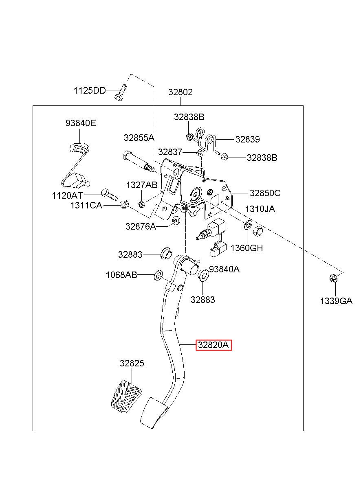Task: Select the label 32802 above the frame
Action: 180,92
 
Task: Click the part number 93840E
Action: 81,123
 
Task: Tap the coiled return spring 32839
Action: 207,141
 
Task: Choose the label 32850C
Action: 265,193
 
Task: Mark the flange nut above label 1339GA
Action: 332,278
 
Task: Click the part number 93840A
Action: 224,269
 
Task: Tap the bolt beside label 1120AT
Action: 110,195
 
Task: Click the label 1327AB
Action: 142,185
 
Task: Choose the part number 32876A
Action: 141,226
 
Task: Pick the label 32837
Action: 170,152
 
